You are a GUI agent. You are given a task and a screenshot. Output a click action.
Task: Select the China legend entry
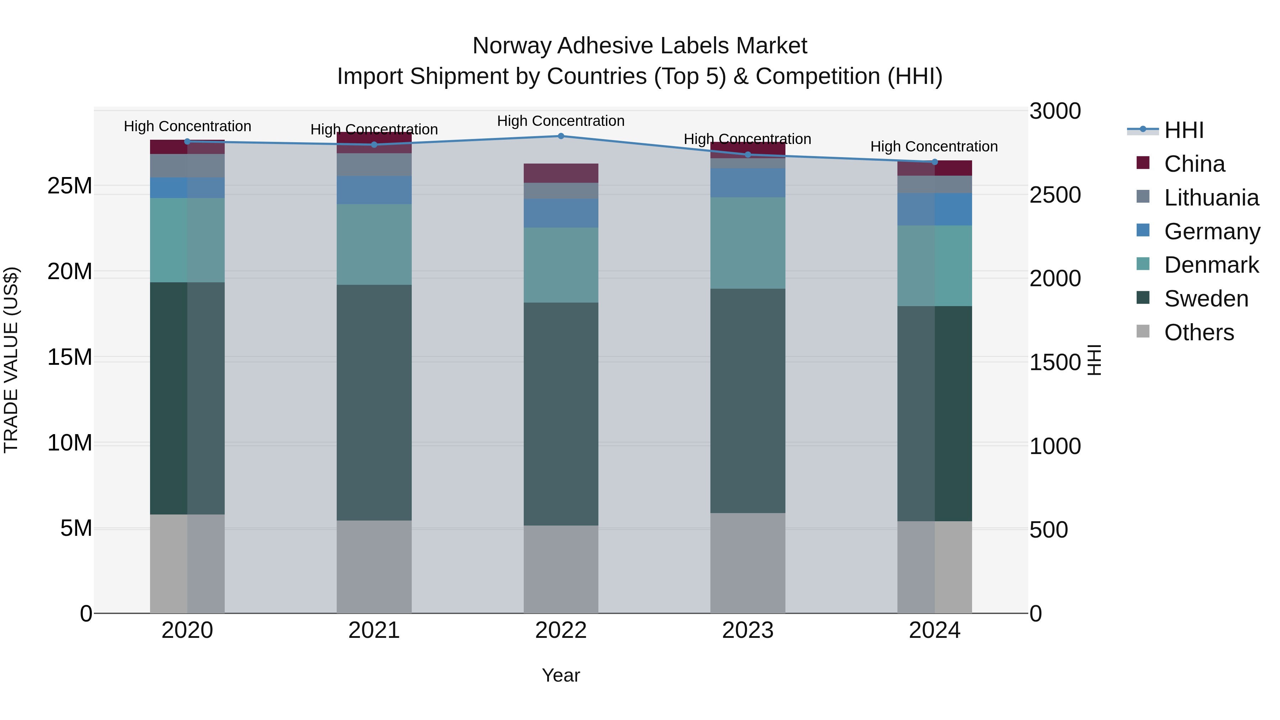[1194, 164]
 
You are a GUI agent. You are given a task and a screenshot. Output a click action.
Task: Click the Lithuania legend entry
[1211, 197]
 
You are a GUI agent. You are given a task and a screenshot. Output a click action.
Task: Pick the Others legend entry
[1199, 332]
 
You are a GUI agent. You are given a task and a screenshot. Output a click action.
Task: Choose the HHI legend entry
[1184, 130]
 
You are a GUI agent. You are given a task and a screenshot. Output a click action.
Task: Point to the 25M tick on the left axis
[70, 186]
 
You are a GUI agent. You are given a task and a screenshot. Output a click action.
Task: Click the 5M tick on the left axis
[76, 528]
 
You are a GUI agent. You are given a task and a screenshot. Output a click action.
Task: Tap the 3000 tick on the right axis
[1055, 111]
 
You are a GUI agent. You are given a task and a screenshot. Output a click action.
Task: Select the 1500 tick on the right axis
[1055, 362]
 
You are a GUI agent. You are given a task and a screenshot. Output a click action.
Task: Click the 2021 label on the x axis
[374, 630]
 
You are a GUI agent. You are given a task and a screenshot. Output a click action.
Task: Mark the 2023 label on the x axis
[747, 630]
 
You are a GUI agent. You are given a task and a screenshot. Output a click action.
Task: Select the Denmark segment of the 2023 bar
[747, 242]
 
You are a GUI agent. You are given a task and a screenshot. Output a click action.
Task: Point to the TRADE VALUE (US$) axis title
[11, 360]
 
